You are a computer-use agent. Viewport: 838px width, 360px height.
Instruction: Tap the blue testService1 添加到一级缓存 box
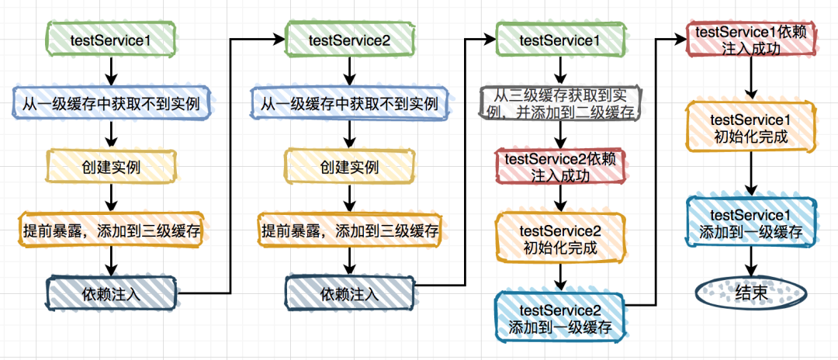(x=750, y=223)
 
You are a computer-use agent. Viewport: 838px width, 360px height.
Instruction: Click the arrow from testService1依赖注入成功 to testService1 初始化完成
(x=750, y=79)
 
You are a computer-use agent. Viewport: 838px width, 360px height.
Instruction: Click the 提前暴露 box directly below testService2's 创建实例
(x=350, y=230)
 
